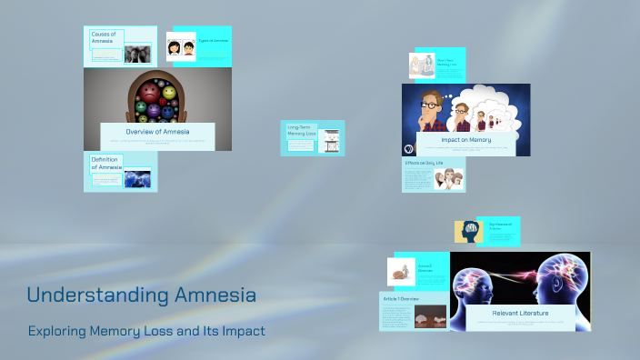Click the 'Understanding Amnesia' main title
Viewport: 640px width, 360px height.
141,295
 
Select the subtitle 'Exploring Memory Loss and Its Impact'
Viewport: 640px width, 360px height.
146,331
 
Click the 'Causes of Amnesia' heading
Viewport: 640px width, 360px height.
107,37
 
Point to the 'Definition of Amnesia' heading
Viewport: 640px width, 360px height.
106,164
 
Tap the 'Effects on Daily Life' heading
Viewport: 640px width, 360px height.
424,164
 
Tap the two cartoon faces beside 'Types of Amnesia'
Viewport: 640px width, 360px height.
181,47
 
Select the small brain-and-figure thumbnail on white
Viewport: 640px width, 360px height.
398,270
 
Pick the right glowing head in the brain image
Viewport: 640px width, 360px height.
564,282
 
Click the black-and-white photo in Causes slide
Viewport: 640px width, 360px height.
136,54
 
